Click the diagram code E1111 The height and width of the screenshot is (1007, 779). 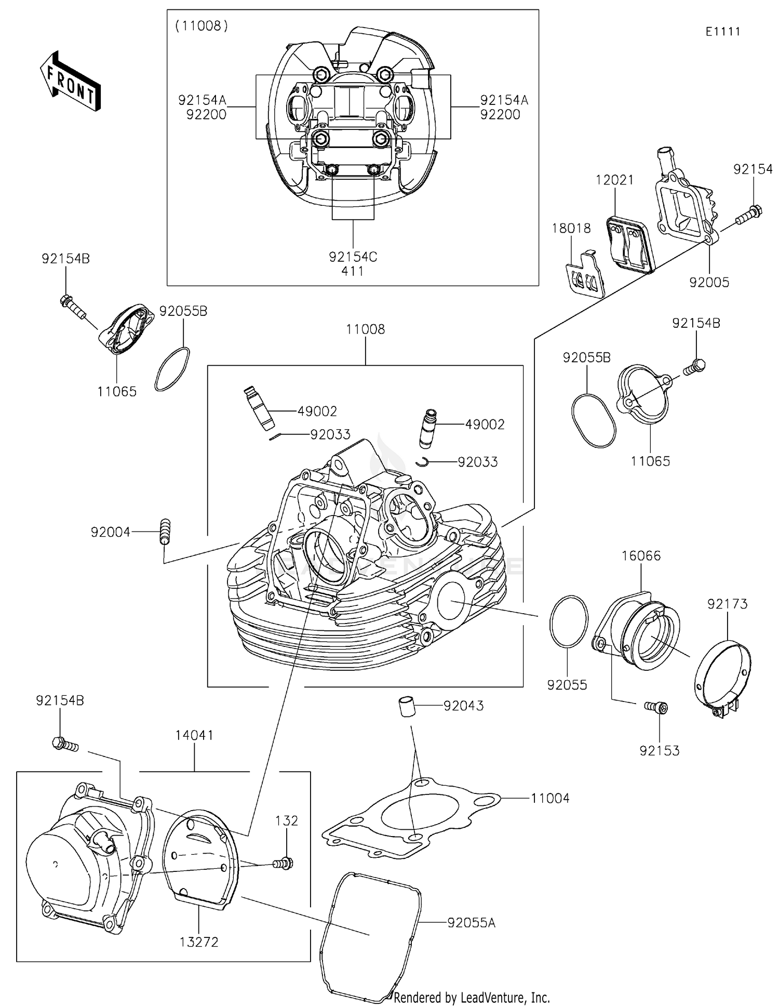(x=722, y=32)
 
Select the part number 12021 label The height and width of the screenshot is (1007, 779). (x=614, y=180)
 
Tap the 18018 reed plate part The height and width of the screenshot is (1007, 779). (x=585, y=274)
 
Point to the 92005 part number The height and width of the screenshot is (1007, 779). (x=709, y=282)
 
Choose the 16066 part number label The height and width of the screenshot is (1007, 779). (x=641, y=556)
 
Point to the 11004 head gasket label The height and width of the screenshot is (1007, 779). (x=550, y=798)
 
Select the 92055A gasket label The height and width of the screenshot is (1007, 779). (x=471, y=923)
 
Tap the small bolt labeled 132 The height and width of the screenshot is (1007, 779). (x=284, y=863)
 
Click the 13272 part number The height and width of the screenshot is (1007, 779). (x=199, y=942)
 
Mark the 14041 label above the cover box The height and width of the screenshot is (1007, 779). (x=194, y=735)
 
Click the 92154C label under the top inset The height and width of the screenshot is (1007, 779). (x=353, y=257)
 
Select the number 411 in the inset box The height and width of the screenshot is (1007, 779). (x=353, y=271)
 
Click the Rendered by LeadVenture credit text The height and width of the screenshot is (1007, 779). (x=472, y=997)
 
